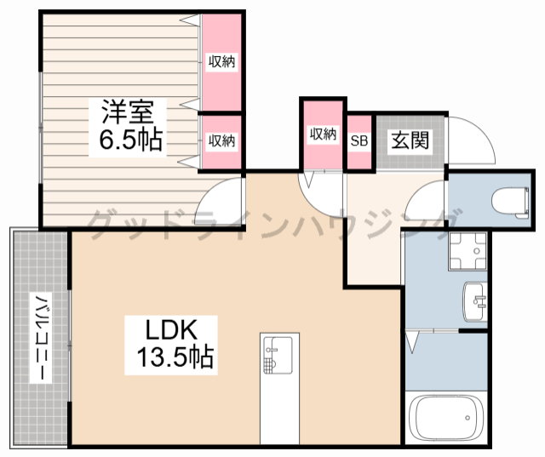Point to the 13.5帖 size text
pos(175,357)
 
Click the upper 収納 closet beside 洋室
pos(221,61)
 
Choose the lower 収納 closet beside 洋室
pos(221,141)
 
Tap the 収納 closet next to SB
pos(323,134)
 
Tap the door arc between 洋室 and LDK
pos(223,200)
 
